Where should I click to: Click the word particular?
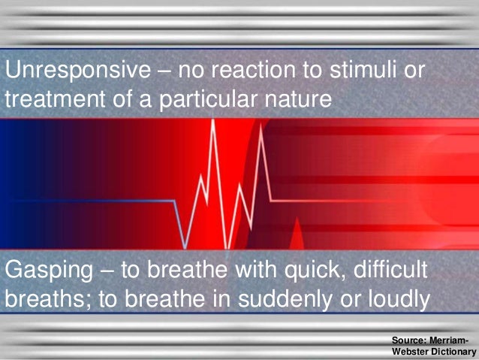(x=206, y=98)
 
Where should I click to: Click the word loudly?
(x=396, y=298)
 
